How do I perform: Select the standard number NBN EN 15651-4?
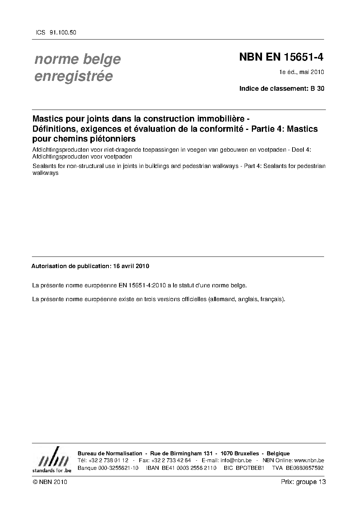(x=281, y=57)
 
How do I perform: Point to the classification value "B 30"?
(x=317, y=88)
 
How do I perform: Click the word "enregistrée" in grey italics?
(x=73, y=77)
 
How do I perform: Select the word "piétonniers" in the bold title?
(x=114, y=139)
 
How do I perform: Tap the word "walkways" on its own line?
(x=45, y=173)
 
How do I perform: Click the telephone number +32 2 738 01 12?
(x=108, y=460)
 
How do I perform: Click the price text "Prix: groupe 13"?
(x=303, y=482)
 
